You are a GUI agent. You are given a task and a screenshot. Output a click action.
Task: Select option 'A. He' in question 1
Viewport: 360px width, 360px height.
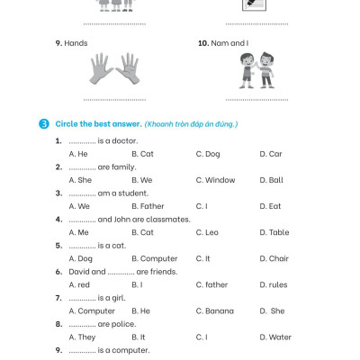tap(78, 154)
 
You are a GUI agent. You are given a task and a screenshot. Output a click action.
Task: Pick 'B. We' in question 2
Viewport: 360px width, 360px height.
tap(141, 180)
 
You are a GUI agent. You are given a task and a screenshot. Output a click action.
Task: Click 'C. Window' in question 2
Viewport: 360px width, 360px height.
tap(215, 180)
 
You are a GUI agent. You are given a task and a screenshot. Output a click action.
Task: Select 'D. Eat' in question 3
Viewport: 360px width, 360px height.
tap(270, 206)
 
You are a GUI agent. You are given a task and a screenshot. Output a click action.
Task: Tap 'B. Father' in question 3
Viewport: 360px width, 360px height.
tap(147, 206)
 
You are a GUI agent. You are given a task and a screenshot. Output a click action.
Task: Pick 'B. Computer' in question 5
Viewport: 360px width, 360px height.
tap(154, 258)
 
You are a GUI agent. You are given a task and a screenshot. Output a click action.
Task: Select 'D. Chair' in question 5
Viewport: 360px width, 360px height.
tap(274, 258)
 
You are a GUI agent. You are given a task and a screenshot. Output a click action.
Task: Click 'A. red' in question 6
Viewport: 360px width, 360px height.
tap(79, 284)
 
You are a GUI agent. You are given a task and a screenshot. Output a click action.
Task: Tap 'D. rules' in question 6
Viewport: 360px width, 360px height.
tap(273, 284)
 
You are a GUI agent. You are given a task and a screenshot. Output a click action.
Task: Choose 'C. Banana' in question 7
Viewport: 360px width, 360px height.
tap(214, 310)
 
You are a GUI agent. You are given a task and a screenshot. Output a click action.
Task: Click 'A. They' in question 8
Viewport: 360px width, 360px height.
tap(82, 337)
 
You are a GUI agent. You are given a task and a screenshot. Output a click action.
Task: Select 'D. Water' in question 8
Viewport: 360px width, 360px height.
tap(274, 337)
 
